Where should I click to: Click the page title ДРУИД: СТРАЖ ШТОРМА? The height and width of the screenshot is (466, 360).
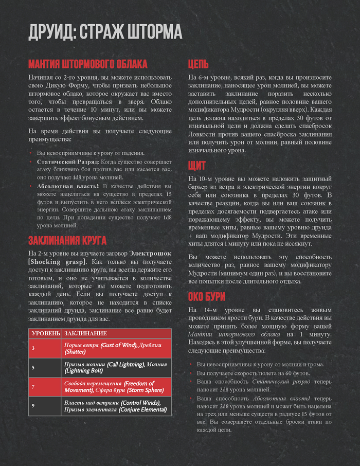(x=105, y=32)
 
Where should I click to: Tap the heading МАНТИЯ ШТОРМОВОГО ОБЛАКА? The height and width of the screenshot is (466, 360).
(x=87, y=64)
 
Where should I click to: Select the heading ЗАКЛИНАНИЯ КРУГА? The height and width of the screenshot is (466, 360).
(x=67, y=240)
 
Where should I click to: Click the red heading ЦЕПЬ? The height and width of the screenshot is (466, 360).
(x=198, y=64)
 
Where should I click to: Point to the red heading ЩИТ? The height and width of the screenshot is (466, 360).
(x=197, y=166)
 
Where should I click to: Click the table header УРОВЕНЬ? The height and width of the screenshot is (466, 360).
(x=46, y=334)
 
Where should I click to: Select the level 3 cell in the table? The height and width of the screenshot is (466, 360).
(x=33, y=348)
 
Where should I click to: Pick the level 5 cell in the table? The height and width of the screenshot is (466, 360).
(x=33, y=367)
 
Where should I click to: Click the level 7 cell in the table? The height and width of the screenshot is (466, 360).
(x=33, y=386)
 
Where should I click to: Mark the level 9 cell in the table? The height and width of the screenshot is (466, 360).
(x=33, y=406)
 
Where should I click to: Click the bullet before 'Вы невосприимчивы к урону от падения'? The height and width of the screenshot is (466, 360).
(x=31, y=153)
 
